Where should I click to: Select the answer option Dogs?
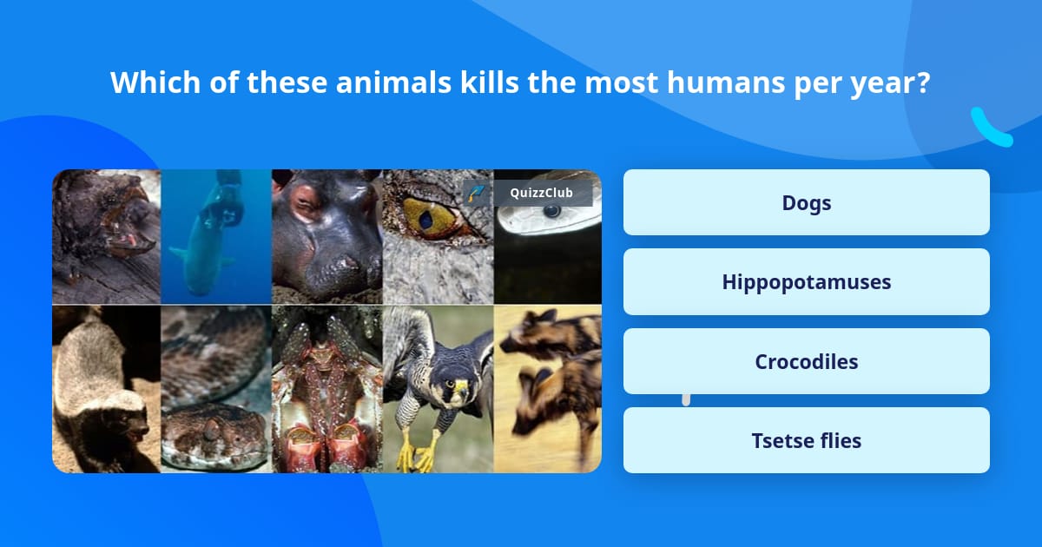(806, 202)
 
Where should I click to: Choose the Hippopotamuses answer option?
(806, 282)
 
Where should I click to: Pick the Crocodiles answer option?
(806, 361)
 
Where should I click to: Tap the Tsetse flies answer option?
(806, 440)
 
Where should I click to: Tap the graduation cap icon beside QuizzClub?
(475, 193)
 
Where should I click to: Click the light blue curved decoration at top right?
(990, 129)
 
